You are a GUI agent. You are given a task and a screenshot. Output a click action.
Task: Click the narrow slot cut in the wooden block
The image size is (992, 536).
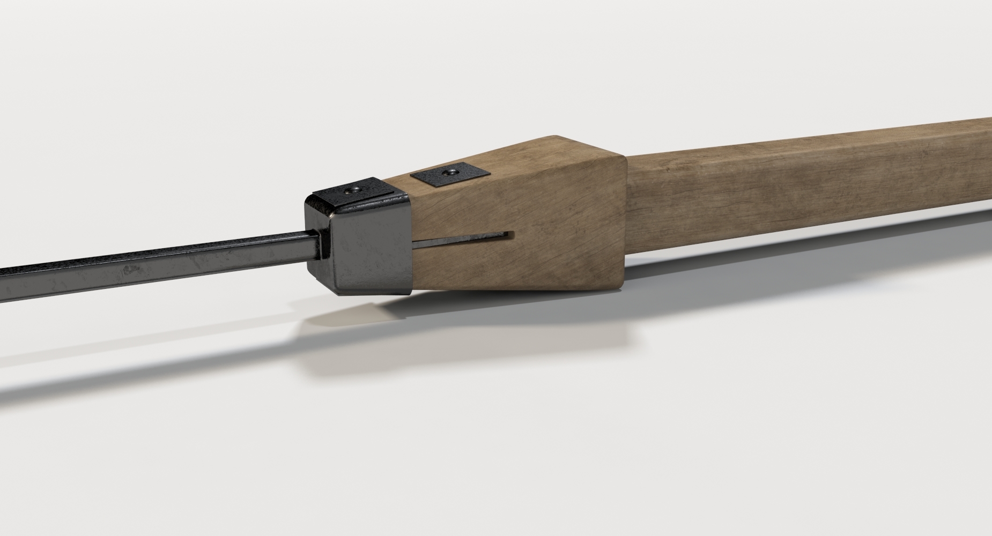461,238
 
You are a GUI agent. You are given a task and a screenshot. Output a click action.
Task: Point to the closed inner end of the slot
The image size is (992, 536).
512,234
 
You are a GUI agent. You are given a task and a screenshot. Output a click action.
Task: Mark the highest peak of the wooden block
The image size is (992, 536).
555,136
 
